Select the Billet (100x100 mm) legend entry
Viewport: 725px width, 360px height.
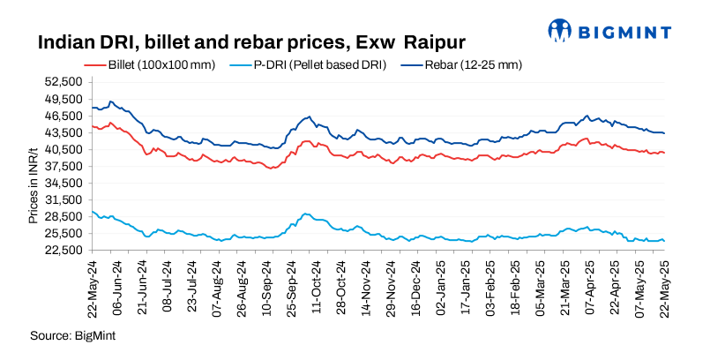[x=149, y=65]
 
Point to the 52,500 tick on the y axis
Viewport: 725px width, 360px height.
[x=64, y=82]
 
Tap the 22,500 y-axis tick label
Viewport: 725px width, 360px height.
[x=64, y=250]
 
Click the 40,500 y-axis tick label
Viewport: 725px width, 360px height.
[x=64, y=149]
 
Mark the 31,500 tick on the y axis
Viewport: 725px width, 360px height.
[x=64, y=199]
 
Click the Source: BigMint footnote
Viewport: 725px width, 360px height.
[x=73, y=336]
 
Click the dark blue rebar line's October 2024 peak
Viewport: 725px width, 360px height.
[x=308, y=117]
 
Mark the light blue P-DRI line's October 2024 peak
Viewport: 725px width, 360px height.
[x=305, y=214]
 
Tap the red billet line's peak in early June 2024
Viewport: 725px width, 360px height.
[x=110, y=123]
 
